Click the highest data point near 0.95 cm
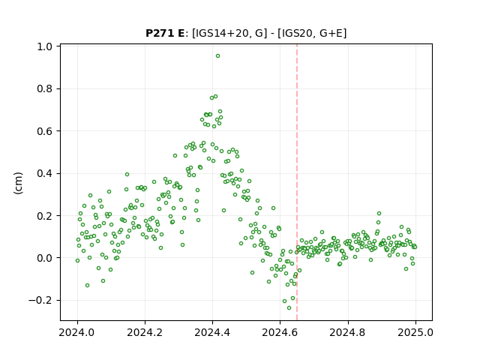pos(217,56)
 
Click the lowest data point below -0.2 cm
pos(289,307)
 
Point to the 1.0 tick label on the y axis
pos(44,46)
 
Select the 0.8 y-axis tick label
pos(44,88)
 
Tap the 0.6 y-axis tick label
pos(44,131)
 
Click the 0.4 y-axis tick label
pos(44,173)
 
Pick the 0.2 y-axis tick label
pos(44,216)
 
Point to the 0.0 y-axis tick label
pos(44,258)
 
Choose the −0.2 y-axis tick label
pos(40,300)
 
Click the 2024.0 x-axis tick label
pos(77,332)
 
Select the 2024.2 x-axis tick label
pos(145,332)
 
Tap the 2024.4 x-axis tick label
pos(212,332)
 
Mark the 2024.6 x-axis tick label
pos(280,332)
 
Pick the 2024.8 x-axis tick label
pos(348,332)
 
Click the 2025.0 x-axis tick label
pos(415,332)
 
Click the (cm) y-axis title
pos(18,183)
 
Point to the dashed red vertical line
pos(297,182)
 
